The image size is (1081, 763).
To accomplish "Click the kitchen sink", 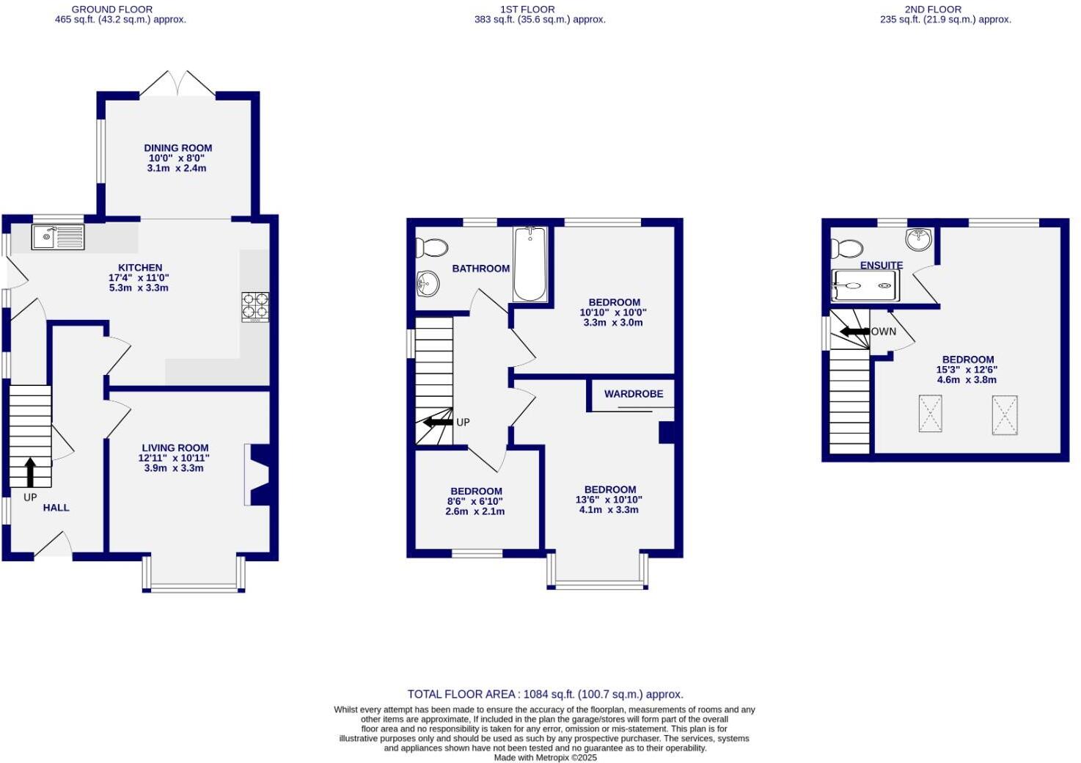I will click(x=58, y=236).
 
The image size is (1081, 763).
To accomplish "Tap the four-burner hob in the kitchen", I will click(x=255, y=307).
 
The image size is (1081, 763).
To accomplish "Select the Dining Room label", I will click(x=177, y=147).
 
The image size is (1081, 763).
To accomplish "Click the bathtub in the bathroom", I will click(x=529, y=264).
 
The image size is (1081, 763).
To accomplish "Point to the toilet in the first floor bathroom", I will click(x=432, y=248).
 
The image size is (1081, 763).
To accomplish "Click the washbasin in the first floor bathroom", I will click(x=427, y=282).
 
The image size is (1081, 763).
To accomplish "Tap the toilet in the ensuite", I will click(x=847, y=248).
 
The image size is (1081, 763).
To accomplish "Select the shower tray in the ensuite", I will click(x=865, y=285).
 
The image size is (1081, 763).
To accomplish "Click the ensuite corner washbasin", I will click(x=918, y=238).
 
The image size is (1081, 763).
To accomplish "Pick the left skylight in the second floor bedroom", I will click(x=930, y=414).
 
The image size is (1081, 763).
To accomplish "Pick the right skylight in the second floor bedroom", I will click(x=1005, y=415).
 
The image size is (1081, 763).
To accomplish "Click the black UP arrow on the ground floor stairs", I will click(x=30, y=472).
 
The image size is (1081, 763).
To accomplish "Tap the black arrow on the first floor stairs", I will click(x=438, y=422).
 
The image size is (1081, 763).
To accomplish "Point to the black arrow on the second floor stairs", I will click(x=854, y=332).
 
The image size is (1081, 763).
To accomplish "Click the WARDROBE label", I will click(x=634, y=394).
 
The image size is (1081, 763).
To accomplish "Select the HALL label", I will click(x=56, y=508).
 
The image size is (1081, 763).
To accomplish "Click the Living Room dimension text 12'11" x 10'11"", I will click(x=174, y=458).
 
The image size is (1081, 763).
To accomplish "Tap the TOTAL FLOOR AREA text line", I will click(x=545, y=694).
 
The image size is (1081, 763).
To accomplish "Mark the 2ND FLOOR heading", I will click(x=932, y=10).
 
